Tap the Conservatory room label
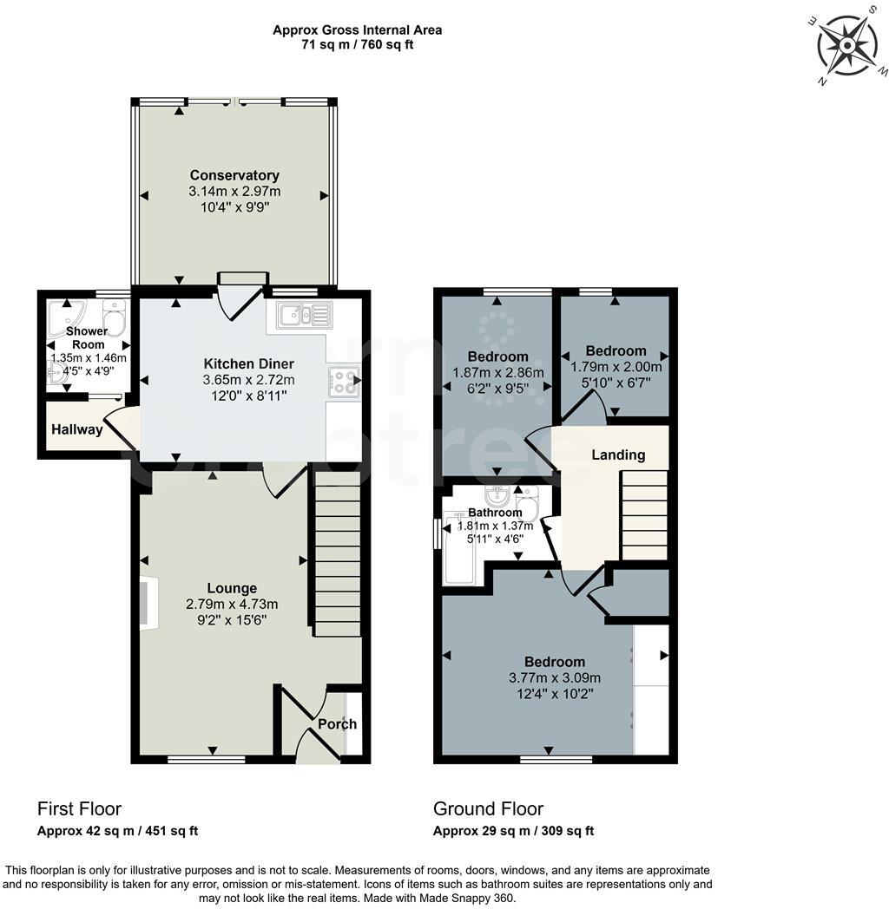point(234,175)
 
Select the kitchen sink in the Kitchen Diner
point(304,315)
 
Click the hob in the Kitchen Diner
point(343,381)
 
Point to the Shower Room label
point(87,337)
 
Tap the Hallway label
point(76,429)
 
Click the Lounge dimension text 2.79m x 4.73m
point(232,605)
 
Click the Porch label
point(337,724)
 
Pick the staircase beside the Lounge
point(337,554)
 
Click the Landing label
point(618,454)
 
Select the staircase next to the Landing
point(644,515)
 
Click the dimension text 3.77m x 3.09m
point(555,678)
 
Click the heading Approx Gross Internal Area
point(357,29)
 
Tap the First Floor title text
point(79,809)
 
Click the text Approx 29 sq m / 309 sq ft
point(513,831)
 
